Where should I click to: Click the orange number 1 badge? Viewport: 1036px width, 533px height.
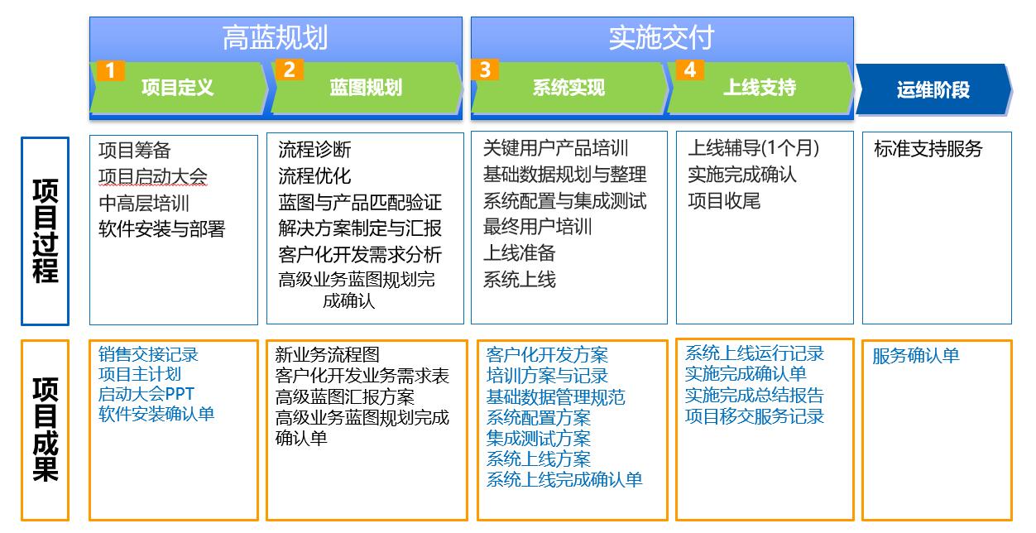click(x=111, y=71)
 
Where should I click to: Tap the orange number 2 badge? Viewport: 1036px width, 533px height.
click(x=289, y=70)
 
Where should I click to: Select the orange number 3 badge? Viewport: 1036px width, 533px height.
click(x=485, y=70)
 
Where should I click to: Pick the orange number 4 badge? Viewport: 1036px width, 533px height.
click(x=689, y=70)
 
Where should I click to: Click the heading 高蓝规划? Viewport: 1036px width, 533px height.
click(x=276, y=38)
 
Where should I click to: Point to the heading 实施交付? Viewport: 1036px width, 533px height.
click(x=662, y=38)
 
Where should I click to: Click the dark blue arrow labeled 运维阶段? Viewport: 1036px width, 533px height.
click(x=933, y=89)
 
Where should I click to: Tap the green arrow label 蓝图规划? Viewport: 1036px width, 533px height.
click(x=366, y=88)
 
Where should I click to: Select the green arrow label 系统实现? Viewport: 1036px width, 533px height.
click(x=568, y=88)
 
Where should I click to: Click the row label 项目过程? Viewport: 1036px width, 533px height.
click(x=46, y=231)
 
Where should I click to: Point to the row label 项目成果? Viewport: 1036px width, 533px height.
click(x=46, y=430)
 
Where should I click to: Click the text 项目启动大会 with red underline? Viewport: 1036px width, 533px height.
click(x=152, y=176)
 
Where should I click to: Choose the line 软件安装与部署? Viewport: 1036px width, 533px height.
click(x=161, y=229)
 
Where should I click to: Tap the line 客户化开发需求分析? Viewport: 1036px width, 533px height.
click(x=360, y=254)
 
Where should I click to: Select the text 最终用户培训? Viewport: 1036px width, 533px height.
click(x=537, y=227)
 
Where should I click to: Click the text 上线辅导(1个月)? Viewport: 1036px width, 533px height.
click(x=753, y=148)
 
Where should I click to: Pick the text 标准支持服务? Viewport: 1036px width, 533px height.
click(x=928, y=149)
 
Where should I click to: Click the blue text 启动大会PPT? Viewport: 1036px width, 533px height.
click(x=146, y=394)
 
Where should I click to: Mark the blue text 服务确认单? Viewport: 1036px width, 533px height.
click(x=916, y=356)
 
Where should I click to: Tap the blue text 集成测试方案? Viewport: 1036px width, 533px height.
click(x=539, y=438)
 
